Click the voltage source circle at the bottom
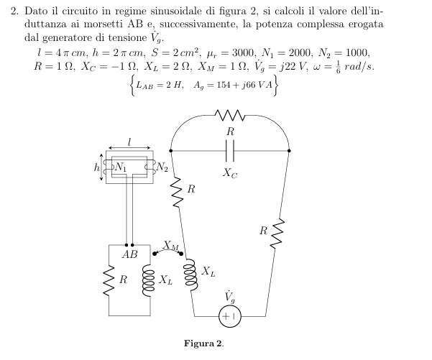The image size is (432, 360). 230,316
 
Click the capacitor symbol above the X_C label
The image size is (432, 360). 230,151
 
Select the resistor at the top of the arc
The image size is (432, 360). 229,116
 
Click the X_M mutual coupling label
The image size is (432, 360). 170,245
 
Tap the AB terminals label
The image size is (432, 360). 130,254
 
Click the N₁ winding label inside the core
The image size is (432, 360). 120,167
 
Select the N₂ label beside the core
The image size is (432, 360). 162,167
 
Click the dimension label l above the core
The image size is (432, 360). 129,142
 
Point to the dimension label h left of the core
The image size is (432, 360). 96,167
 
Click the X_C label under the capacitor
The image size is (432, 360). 230,173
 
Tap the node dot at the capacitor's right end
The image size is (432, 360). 289,151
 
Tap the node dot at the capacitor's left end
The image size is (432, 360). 171,151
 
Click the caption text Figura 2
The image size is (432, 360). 204,343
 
